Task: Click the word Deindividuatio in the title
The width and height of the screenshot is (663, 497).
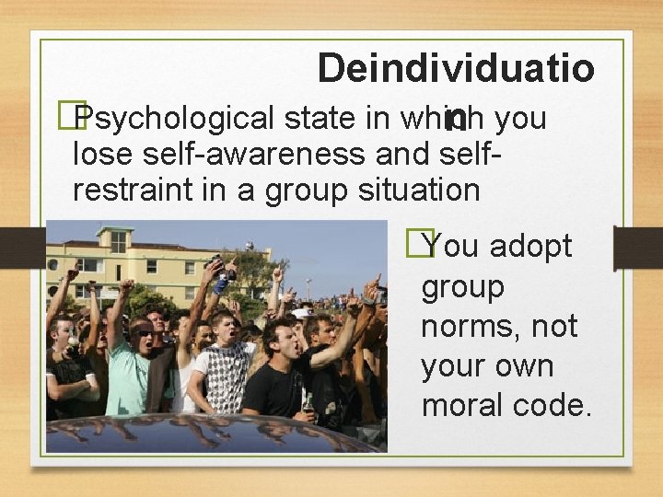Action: (456, 68)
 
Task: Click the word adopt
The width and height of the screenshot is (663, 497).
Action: (530, 247)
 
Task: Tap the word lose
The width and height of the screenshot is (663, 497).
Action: (102, 154)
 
